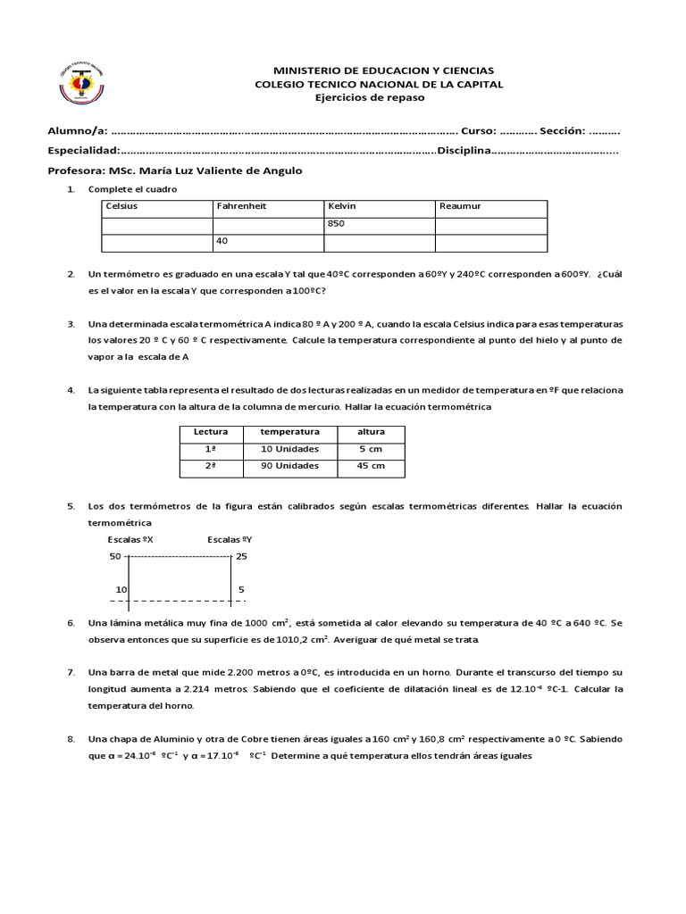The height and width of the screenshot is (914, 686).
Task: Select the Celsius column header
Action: [x=121, y=206]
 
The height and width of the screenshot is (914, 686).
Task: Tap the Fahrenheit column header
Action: [x=241, y=206]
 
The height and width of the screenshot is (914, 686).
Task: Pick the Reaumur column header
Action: [x=460, y=206]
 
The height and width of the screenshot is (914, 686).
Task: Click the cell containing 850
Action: [x=337, y=223]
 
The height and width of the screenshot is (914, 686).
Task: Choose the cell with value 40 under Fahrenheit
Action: [x=222, y=241]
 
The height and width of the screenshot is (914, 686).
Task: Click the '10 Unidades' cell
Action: [x=289, y=449]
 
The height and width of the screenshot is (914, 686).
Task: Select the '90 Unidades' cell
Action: [x=289, y=466]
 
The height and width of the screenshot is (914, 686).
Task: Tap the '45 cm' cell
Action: [x=371, y=466]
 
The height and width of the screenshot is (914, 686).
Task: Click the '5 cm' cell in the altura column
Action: [x=371, y=449]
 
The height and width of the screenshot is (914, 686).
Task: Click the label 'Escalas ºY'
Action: [x=230, y=539]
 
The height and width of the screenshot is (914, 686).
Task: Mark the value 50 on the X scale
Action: [x=114, y=556]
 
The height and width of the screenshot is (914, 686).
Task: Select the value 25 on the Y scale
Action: [x=241, y=556]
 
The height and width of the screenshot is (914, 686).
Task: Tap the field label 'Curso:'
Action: [x=479, y=131]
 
